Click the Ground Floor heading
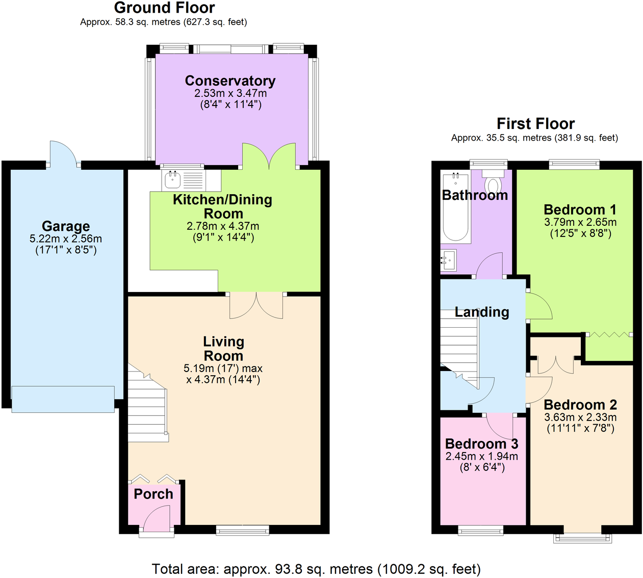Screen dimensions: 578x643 coord(164,8)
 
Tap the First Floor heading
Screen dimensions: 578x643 coord(535,124)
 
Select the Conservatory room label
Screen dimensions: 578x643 coord(230,81)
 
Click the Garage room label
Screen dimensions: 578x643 coord(66,226)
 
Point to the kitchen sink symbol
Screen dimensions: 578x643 coord(172,180)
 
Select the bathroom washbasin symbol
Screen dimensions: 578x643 coord(449,260)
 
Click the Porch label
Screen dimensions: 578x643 coord(153,494)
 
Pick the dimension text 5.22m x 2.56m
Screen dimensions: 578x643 coord(66,239)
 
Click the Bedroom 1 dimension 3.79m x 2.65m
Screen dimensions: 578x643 coord(580,222)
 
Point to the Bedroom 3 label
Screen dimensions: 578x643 coord(481,444)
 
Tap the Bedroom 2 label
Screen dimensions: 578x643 coord(580,405)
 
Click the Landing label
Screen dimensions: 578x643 coord(482,312)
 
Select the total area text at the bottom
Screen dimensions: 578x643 coord(316,569)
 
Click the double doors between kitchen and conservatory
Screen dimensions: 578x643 coord(269,156)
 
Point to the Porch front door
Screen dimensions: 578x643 coord(157,520)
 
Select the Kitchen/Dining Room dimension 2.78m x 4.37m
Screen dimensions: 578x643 coord(223,226)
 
